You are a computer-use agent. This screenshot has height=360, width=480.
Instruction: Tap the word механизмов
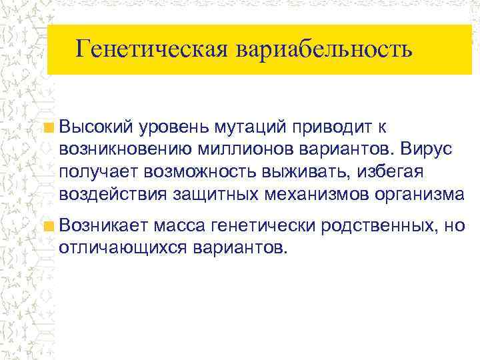(x=311, y=195)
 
